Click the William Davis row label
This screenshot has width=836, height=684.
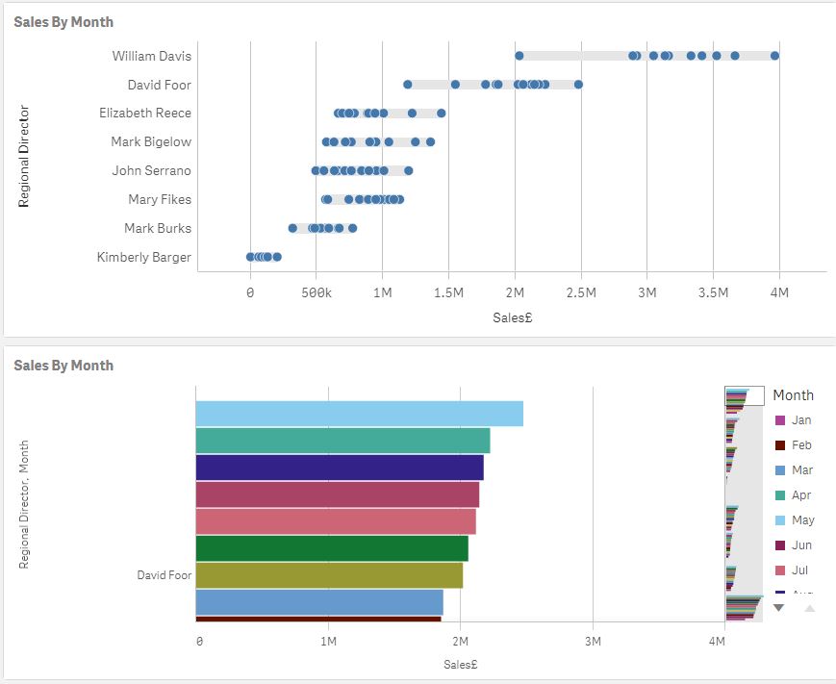(151, 56)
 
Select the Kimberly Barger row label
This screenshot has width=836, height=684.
(143, 257)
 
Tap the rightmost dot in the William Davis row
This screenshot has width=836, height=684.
(774, 56)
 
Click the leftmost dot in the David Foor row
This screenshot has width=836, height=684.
(408, 85)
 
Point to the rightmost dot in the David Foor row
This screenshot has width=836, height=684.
(578, 85)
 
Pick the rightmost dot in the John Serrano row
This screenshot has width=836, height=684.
(408, 171)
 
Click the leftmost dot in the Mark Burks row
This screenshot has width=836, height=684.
(292, 228)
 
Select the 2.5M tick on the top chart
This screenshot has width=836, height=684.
(580, 291)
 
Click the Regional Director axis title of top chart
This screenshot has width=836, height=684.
(25, 156)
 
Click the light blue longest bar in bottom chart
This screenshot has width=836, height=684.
(359, 414)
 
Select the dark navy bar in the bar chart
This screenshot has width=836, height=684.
(339, 468)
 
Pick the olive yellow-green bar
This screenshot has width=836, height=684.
(328, 575)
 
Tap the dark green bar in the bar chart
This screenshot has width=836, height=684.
(331, 548)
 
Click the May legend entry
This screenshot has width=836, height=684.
(801, 520)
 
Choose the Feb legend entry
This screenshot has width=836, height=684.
(800, 445)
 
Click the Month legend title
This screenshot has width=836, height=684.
(793, 395)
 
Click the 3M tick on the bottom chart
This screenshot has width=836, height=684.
(593, 641)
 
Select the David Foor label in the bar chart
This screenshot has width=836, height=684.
(164, 575)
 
